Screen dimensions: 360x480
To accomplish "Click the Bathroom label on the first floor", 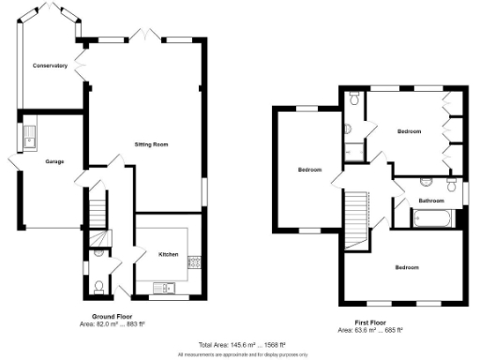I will coord(430,201).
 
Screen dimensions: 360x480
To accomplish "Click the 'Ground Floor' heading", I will coord(110,316).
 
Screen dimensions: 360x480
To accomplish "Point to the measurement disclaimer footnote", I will coord(239,354).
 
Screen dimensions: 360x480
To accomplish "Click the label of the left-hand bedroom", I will coord(309,170).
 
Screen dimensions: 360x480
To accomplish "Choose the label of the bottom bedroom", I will coord(405,267).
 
